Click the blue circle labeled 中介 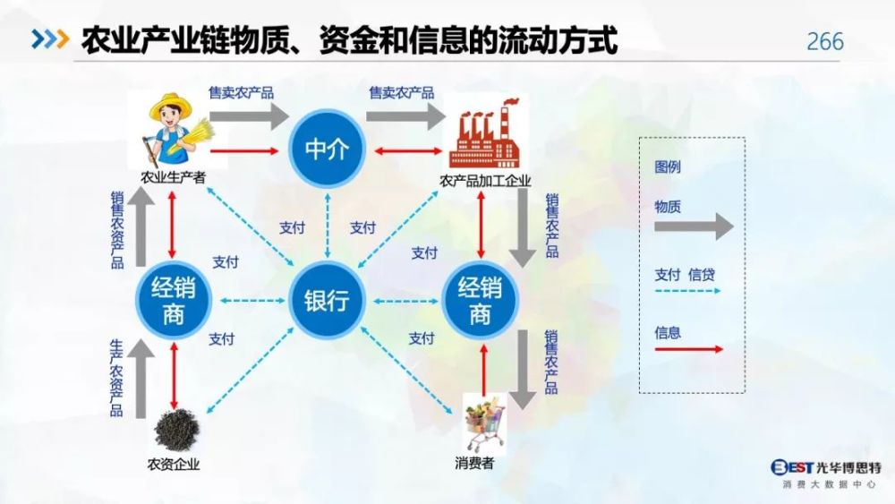327,149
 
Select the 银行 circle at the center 327,300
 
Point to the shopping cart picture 484,423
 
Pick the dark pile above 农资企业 176,430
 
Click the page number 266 825,42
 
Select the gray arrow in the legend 694,226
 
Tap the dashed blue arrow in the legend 687,291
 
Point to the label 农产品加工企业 485,182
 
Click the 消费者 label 474,463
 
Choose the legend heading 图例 668,167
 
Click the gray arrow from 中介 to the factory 405,115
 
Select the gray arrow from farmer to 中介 250,115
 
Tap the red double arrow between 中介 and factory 408,151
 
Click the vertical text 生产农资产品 116,378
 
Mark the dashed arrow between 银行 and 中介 327,226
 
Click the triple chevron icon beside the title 50,38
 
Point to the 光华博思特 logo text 849,467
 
